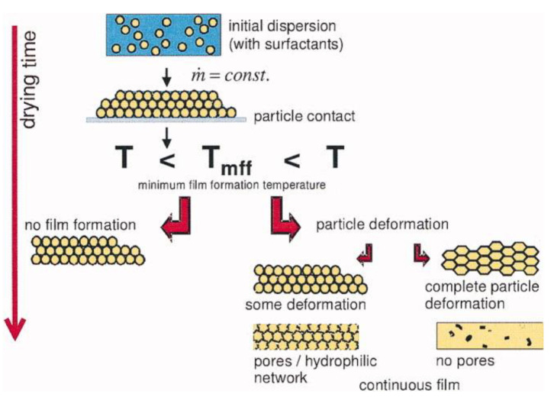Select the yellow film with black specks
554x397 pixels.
[x=488, y=336]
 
